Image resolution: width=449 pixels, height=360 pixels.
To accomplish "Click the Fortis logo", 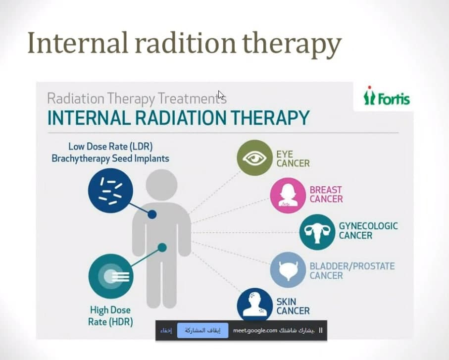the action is tap(387, 96).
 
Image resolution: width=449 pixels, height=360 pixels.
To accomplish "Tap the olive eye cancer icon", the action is tap(254, 158).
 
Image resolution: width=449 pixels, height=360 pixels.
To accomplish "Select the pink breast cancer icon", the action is tap(288, 195).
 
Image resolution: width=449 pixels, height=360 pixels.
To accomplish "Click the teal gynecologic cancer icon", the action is tap(317, 232).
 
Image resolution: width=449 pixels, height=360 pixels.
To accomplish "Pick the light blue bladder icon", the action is tap(288, 270).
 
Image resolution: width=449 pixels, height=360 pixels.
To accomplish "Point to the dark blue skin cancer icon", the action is tap(255, 305).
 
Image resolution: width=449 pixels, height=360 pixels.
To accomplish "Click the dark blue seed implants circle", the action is tap(110, 191).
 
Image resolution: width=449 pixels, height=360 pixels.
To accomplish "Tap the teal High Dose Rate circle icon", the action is tap(111, 276).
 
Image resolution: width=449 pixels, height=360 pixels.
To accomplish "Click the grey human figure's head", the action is tap(161, 185).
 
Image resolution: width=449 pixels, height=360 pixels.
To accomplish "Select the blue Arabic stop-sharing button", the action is tap(203, 330).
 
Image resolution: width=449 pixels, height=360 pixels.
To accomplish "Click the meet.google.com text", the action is tap(255, 330).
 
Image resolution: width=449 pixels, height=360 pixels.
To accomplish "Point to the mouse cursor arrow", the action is tap(221, 95).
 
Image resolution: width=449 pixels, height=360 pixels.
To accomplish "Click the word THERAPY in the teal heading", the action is tap(270, 118).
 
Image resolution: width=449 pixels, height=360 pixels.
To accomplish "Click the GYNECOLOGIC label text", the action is tap(368, 226).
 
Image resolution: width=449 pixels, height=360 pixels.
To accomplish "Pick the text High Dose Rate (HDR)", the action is tap(110, 316).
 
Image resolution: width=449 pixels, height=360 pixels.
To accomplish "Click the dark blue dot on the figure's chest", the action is tap(152, 214).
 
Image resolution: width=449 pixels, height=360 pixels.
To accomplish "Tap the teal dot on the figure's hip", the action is tap(162, 248).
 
